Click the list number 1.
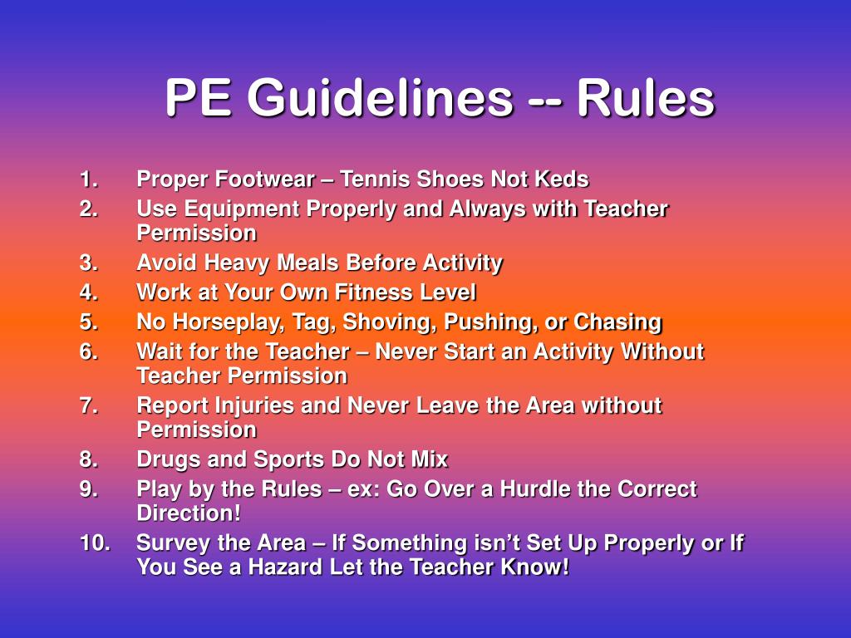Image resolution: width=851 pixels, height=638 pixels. pos(89,179)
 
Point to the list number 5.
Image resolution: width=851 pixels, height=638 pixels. pos(89,322)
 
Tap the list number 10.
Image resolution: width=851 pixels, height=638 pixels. pos(96,543)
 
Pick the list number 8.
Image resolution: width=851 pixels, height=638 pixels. pos(89,459)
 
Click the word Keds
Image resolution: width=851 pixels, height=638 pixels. pos(563,179)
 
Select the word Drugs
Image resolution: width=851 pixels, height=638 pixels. pos(167,459)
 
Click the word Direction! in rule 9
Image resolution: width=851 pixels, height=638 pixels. pos(189,513)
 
